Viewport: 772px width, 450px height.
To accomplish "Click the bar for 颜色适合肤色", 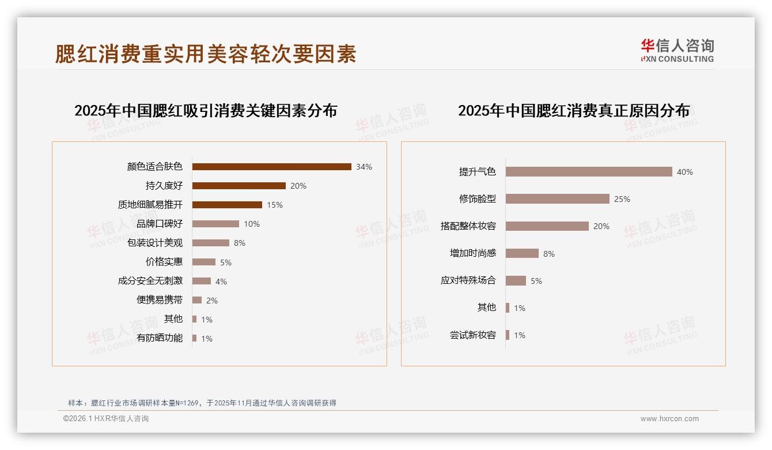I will click(x=271, y=167).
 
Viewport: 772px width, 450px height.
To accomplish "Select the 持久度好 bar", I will click(x=239, y=186).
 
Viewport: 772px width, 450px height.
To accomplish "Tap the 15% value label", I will click(x=275, y=205).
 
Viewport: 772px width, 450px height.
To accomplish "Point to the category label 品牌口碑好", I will click(x=160, y=224).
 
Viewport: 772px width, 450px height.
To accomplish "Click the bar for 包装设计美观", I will click(x=210, y=243).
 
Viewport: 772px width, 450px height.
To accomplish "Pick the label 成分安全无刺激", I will click(x=150, y=281).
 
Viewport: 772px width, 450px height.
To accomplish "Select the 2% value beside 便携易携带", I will click(x=212, y=301).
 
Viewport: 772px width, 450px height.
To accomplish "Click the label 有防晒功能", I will click(x=160, y=338).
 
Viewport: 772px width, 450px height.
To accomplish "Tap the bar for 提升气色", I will click(x=589, y=172).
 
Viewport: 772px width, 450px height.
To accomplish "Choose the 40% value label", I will click(x=685, y=172).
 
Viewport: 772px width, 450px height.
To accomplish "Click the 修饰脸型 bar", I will click(x=557, y=199).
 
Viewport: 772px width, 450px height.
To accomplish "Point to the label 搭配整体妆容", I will click(x=468, y=226).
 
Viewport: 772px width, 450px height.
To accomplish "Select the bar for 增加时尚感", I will click(x=522, y=253).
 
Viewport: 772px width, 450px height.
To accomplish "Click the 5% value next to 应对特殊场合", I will click(x=536, y=281).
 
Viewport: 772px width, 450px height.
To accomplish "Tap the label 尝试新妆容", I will click(x=473, y=335).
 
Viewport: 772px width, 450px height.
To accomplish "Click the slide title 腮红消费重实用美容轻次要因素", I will click(x=206, y=54).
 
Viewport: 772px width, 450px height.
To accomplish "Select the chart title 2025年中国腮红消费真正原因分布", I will click(x=574, y=111).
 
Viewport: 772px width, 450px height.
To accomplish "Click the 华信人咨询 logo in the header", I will click(x=677, y=50).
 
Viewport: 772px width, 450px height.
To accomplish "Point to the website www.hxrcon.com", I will click(x=669, y=419).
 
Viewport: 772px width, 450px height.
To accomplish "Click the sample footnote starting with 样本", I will click(x=202, y=403).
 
